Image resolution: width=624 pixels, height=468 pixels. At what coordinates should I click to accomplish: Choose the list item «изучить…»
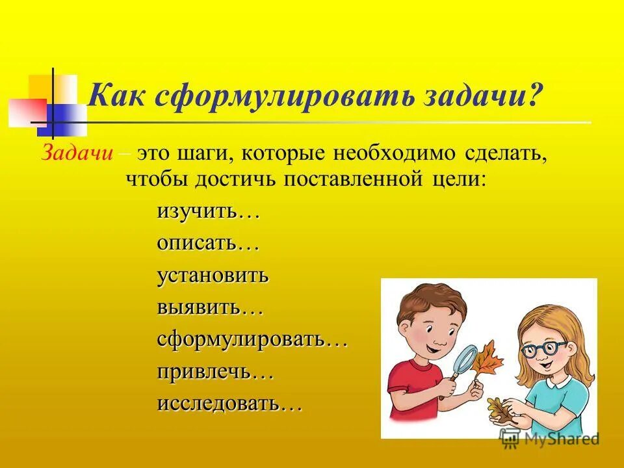(208, 212)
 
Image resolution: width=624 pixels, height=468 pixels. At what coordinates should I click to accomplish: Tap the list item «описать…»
(208, 244)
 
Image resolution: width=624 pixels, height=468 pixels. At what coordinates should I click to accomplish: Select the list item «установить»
(213, 275)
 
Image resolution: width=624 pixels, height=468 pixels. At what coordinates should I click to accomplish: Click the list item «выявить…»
(209, 307)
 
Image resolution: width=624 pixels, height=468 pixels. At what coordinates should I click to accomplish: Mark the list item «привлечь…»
(214, 372)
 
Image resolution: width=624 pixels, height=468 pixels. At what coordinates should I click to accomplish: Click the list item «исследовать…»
(229, 404)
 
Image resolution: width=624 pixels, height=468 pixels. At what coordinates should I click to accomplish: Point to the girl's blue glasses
(545, 348)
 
